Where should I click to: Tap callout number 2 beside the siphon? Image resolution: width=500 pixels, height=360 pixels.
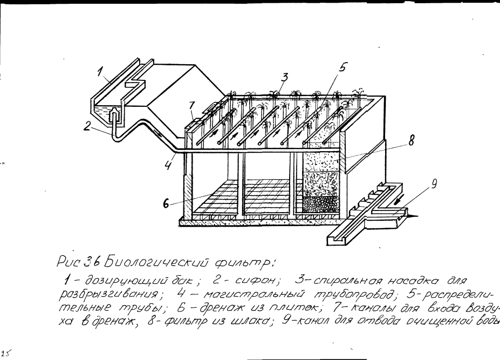[87, 127]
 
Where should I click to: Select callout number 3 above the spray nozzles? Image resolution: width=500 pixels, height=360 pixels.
[286, 77]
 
